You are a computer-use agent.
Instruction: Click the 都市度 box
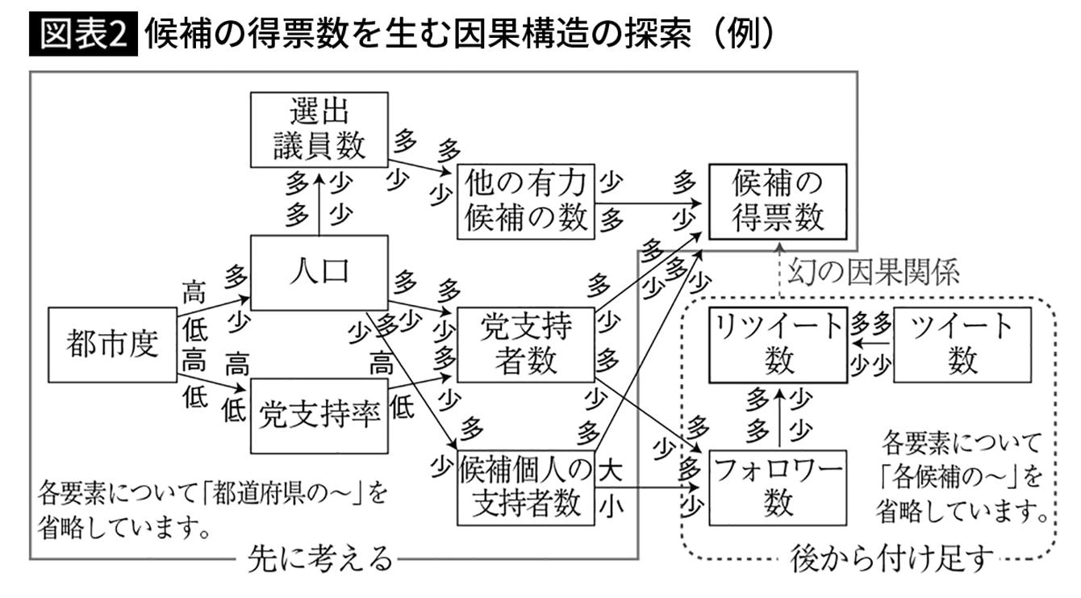pos(112,345)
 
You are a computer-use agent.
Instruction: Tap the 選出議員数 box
pos(319,129)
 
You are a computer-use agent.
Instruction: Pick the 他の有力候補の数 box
pos(526,202)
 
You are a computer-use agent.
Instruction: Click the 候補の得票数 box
pos(777,202)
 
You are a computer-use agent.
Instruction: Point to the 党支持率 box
pos(319,416)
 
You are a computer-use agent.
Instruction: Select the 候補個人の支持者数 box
pos(526,487)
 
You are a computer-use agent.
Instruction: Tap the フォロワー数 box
pos(777,487)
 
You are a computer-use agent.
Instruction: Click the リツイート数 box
pos(778,345)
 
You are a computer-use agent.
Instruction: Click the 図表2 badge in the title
pos(84,36)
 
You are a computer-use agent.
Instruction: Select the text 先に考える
pos(319,558)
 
